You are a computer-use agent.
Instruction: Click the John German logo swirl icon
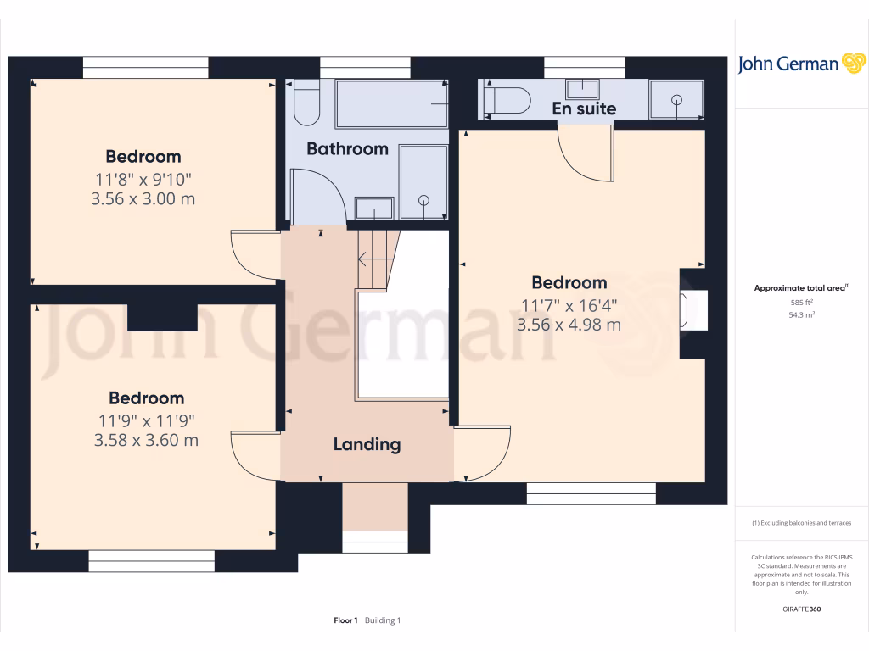point(853,64)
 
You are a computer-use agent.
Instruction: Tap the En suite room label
point(584,108)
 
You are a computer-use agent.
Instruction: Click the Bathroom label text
point(347,149)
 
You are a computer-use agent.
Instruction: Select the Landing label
point(367,444)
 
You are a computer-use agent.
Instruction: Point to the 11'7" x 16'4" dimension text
point(569,305)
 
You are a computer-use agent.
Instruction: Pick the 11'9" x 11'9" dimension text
point(146,420)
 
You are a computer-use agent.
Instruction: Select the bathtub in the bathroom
point(391,103)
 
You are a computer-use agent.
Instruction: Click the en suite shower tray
point(676,100)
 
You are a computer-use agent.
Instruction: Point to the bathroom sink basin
point(374,208)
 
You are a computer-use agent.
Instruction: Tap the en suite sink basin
point(583,87)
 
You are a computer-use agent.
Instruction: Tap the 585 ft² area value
point(802,302)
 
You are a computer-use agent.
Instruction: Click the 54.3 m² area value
point(802,314)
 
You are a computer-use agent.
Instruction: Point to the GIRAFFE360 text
point(802,609)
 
